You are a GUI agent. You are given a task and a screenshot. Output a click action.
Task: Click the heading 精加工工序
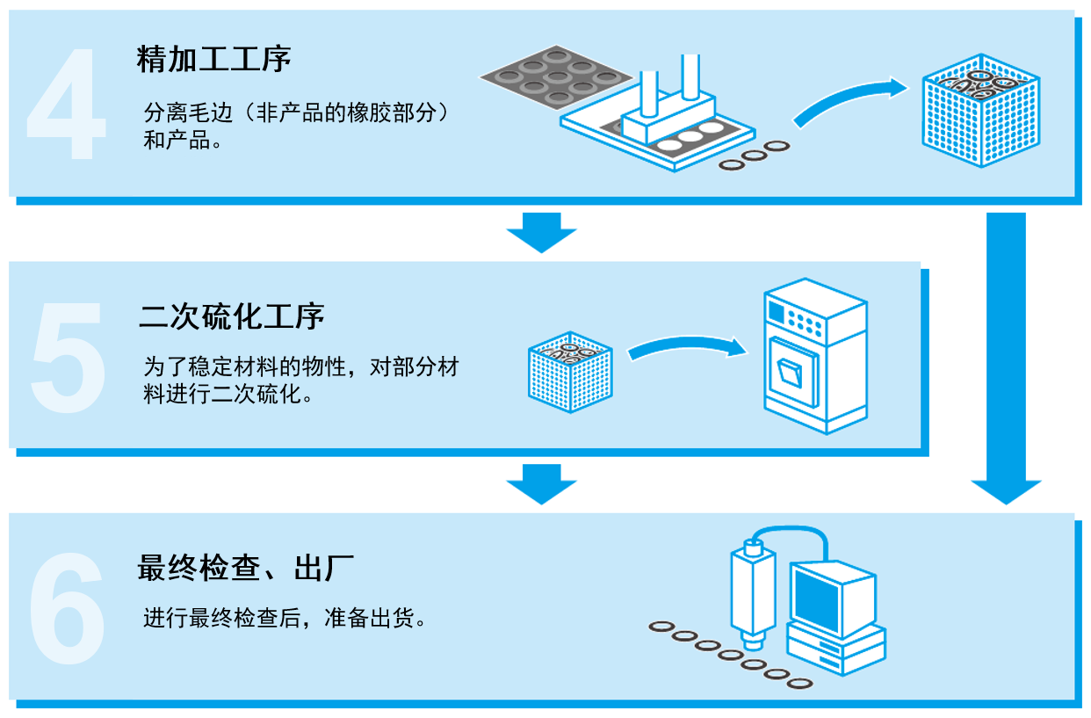213,60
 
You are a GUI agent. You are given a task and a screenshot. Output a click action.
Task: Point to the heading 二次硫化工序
231,316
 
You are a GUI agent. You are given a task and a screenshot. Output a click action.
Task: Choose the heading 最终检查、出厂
245,568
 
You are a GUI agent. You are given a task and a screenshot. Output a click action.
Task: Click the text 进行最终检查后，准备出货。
285,618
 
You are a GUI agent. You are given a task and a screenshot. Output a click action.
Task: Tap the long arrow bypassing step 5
1006,352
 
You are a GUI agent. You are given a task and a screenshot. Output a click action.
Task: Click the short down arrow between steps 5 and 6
541,484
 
